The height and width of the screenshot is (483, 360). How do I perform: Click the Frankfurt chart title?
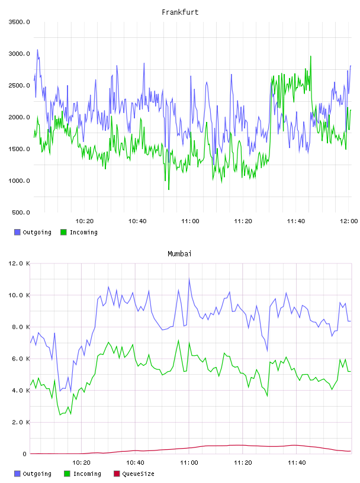point(180,12)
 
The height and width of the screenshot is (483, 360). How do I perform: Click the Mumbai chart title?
point(179,254)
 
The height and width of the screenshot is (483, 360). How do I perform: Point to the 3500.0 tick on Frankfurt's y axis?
point(19,22)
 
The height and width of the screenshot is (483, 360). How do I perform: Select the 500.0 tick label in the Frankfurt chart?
point(21,212)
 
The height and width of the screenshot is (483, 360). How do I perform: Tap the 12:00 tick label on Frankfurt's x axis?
point(349,221)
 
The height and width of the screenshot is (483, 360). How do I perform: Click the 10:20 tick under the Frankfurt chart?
point(85,221)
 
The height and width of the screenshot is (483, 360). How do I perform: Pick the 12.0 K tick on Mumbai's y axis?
point(19,263)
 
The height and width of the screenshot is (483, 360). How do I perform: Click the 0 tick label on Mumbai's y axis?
point(25,454)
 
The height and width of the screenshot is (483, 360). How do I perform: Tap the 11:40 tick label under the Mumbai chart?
point(297,463)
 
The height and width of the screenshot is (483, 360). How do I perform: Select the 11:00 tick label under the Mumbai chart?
point(189,463)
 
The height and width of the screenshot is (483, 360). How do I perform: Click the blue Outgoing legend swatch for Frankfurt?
point(17,232)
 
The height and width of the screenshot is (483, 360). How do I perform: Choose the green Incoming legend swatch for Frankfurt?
point(63,232)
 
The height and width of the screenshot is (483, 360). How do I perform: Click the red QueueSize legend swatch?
point(117,474)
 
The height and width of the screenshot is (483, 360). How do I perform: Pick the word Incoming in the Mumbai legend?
point(87,474)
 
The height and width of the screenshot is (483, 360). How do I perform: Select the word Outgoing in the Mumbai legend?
point(37,474)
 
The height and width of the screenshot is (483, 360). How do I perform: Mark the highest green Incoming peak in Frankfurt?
point(311,56)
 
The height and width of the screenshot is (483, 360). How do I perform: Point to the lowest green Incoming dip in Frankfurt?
point(169,189)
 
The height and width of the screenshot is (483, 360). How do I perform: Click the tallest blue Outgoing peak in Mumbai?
point(189,279)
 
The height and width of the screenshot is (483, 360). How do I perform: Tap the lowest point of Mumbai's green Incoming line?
point(60,415)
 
